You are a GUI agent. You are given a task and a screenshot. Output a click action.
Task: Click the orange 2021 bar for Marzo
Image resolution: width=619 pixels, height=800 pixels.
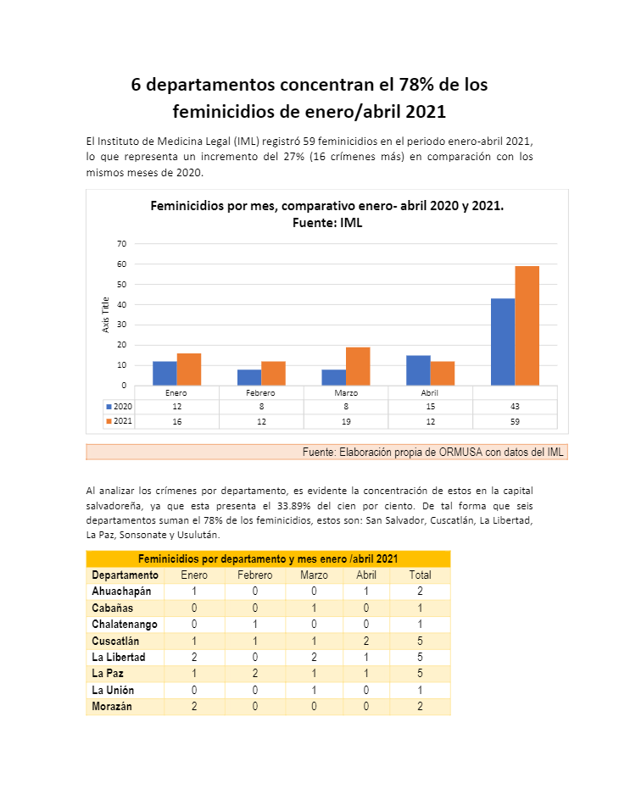358,366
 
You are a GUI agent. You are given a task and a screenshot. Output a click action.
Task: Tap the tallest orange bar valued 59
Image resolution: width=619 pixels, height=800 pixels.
527,325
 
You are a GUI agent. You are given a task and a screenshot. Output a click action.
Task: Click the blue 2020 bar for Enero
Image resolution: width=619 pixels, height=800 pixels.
165,373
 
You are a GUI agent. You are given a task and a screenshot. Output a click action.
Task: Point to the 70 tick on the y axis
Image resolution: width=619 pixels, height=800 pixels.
121,244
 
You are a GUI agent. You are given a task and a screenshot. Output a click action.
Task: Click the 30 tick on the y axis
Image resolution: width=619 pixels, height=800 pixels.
121,325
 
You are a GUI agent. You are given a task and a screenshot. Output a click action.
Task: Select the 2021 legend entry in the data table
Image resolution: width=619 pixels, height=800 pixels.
119,421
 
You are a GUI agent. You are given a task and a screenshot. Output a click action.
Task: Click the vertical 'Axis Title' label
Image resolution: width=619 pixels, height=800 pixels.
106,314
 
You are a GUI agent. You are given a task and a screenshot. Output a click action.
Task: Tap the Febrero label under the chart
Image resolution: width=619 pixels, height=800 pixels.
261,393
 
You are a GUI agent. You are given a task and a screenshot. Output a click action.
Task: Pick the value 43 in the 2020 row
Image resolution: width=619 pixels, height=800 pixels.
515,407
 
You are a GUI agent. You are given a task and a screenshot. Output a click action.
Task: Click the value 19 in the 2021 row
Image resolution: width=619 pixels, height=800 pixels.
345,421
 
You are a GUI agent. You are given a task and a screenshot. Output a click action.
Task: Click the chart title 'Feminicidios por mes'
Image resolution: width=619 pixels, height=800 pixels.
326,206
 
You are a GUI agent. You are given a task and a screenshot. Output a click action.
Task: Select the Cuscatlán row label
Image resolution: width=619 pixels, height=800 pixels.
115,641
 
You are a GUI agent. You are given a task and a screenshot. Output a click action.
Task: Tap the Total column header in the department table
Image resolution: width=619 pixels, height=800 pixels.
420,575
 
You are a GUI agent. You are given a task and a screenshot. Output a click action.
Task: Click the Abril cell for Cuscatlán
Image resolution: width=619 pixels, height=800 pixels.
366,641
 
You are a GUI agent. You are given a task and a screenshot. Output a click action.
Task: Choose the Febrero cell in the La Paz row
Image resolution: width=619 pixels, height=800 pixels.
254,674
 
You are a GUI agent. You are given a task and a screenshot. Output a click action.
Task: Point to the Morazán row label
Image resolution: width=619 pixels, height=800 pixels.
112,707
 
